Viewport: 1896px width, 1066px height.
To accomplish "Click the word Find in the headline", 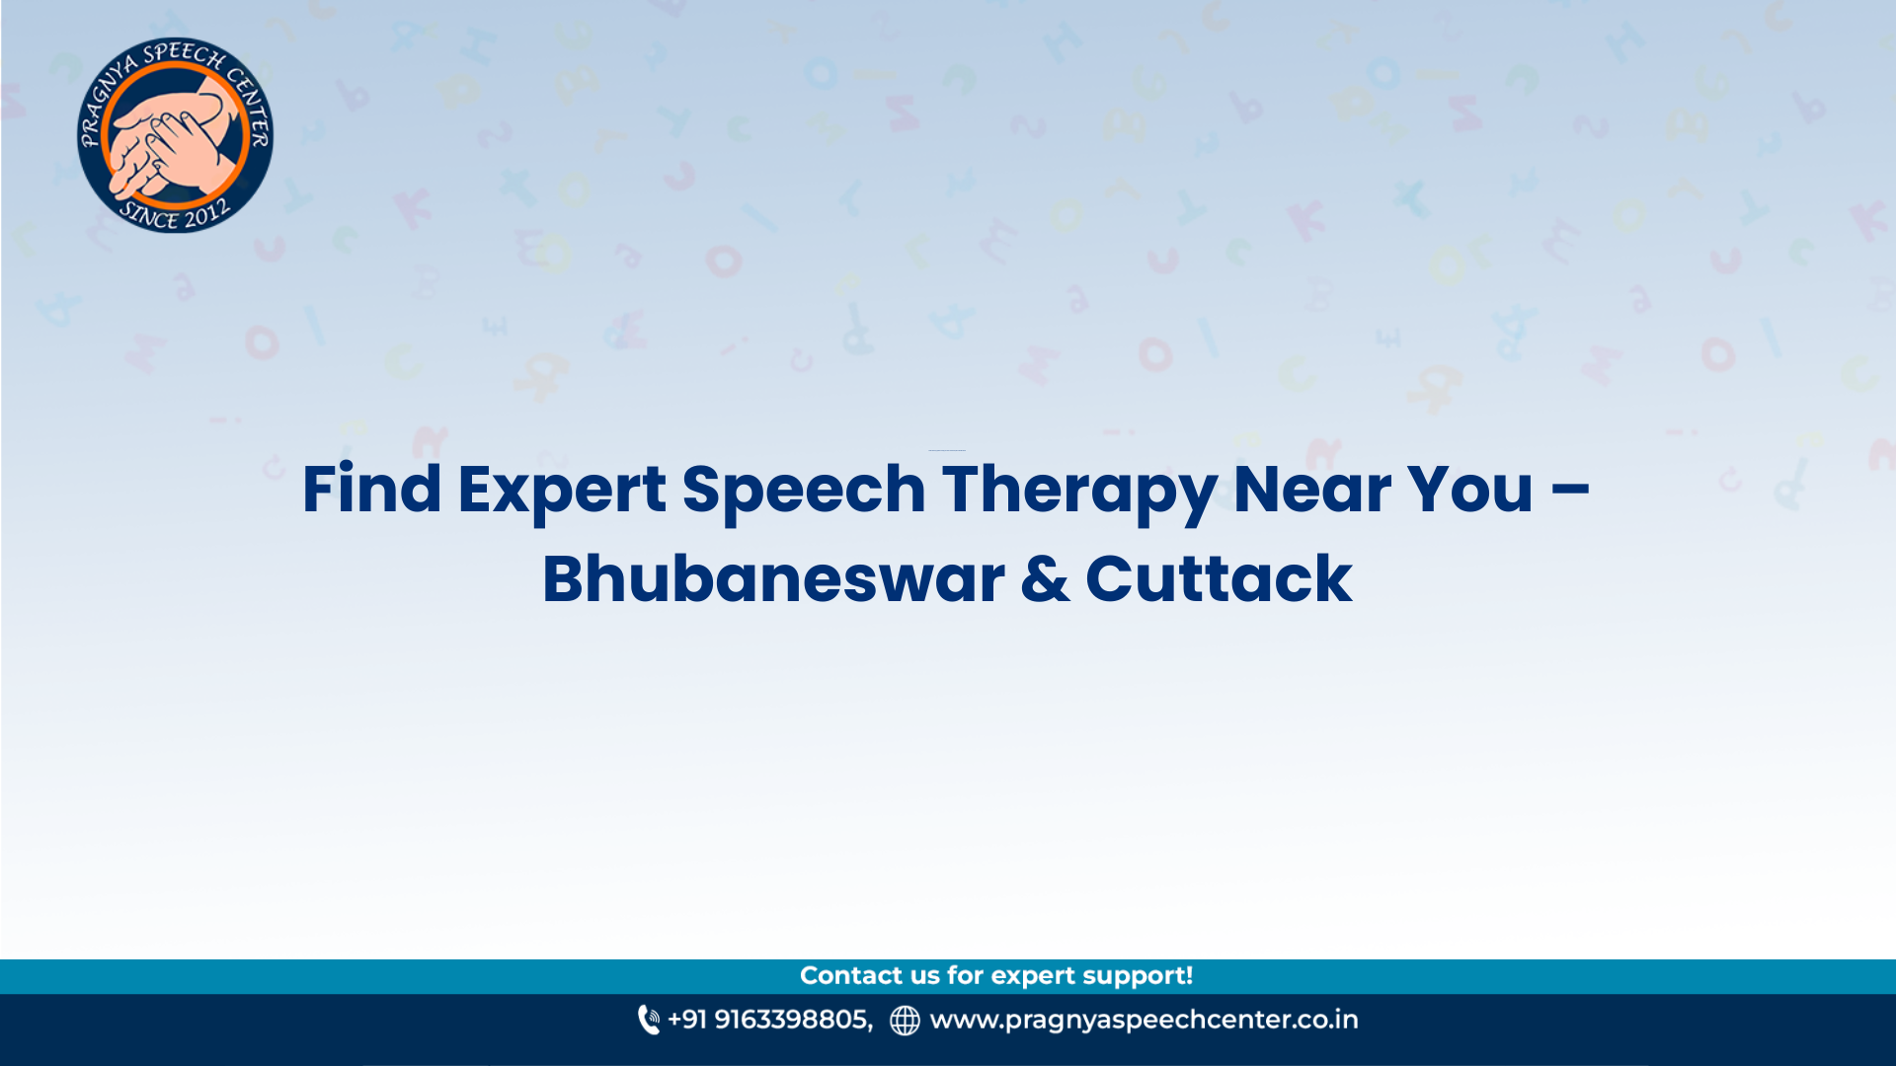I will pos(371,490).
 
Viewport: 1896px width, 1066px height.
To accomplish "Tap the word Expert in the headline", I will pos(561,490).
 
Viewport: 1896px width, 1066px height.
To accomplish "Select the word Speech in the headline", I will pos(803,490).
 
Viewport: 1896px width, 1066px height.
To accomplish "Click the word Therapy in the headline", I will pos(1079,490).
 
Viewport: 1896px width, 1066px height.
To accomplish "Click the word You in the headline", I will pos(1469,490).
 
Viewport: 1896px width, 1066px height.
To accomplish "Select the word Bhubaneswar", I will pos(772,579).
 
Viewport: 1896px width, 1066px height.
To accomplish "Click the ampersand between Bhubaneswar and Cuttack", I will pos(1045,579).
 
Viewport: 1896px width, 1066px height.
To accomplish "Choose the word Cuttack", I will pos(1219,579).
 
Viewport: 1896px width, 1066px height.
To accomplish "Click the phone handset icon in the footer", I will pos(649,1020).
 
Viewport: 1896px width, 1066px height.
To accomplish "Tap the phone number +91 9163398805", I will pos(770,1020).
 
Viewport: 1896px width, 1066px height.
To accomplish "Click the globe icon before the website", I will pos(905,1021).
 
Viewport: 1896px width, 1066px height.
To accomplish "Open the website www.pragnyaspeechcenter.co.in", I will pos(1144,1020).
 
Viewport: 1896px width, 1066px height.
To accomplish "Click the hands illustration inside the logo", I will pos(176,138).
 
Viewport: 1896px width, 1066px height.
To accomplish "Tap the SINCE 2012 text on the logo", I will pos(175,214).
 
